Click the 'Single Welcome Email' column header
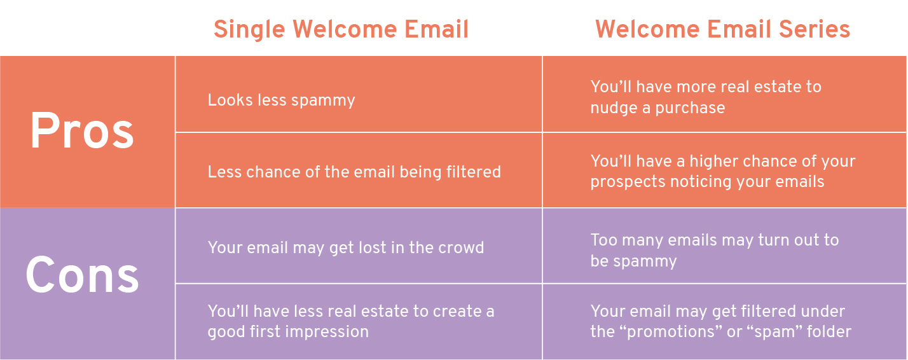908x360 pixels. (x=341, y=29)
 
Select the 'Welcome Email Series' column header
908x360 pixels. (x=723, y=29)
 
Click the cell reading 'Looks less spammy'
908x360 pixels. (x=281, y=100)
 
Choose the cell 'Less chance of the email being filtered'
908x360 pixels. (x=354, y=172)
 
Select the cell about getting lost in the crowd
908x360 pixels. (x=346, y=247)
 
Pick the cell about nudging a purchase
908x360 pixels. (x=706, y=97)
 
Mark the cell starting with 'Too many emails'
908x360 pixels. (x=715, y=250)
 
